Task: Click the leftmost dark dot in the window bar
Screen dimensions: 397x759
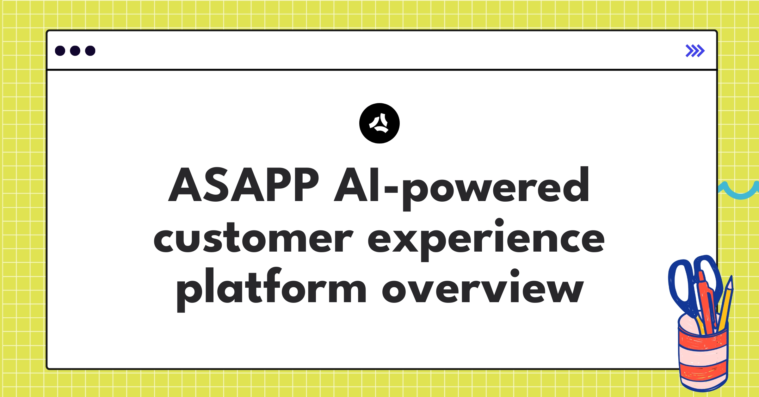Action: pos(60,51)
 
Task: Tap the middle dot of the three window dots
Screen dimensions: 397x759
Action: pos(75,51)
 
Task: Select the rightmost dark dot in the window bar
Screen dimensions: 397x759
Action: pos(90,51)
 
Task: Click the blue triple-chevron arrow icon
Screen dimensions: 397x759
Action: pos(695,51)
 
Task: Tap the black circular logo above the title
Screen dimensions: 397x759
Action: pos(379,123)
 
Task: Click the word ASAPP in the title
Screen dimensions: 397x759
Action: pos(244,185)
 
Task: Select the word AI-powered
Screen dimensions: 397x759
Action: pos(462,186)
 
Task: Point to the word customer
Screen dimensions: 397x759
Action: pos(253,239)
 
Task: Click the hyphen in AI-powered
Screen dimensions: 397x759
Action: pos(391,189)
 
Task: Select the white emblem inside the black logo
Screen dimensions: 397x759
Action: pos(379,123)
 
